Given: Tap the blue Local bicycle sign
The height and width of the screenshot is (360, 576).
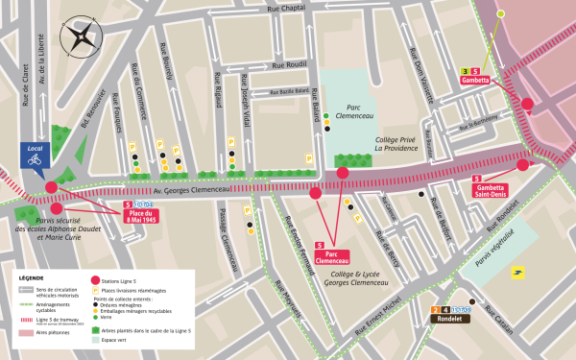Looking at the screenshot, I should pyautogui.click(x=35, y=156).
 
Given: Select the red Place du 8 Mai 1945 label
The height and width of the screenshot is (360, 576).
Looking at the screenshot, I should pyautogui.click(x=142, y=215).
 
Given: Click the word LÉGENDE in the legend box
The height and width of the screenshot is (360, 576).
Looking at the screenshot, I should pyautogui.click(x=32, y=275).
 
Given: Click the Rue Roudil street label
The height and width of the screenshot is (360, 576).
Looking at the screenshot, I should pyautogui.click(x=289, y=65).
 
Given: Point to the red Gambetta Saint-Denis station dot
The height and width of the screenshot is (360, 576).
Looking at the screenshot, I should pyautogui.click(x=523, y=164).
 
